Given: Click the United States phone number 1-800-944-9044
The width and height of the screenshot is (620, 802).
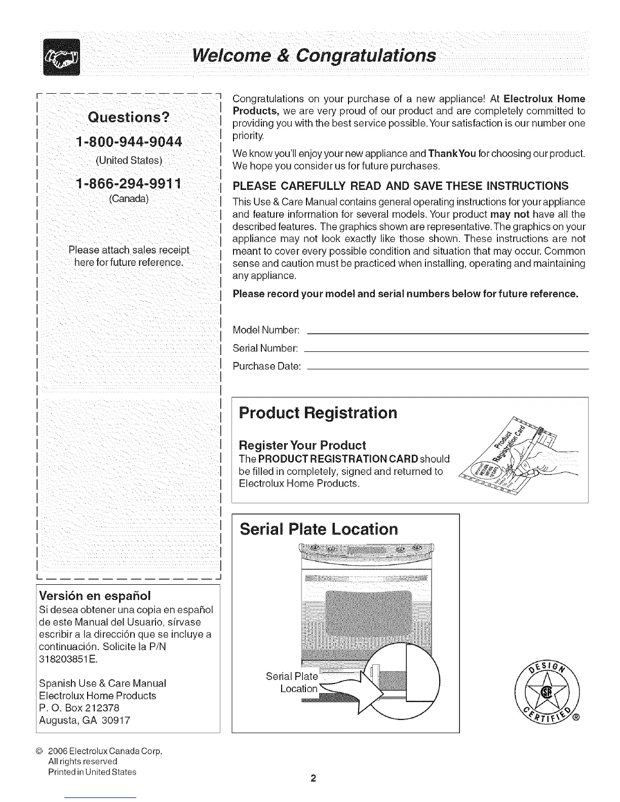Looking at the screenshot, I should tap(129, 141).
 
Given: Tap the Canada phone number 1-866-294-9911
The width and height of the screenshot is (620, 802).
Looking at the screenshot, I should tap(129, 183).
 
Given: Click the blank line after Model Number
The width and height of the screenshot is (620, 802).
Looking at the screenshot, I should tap(448, 333).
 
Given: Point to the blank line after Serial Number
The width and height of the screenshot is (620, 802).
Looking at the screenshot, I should tap(448, 351).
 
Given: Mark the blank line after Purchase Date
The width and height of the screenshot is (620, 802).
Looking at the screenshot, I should tap(448, 369).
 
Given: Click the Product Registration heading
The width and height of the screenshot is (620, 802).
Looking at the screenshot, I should tap(318, 413).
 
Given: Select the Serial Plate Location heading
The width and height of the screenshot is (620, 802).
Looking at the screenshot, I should tap(319, 529).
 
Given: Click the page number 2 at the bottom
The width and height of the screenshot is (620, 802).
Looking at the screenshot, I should tap(314, 778).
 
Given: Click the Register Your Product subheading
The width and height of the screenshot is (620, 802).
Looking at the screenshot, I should tap(302, 446).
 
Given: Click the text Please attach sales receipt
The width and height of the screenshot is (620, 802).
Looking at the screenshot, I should tap(129, 250).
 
